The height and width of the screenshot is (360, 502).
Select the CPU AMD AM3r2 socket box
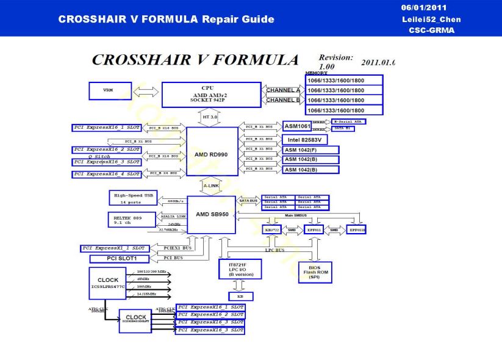pyautogui.click(x=211, y=95)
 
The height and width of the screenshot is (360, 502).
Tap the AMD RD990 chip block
pyautogui.click(x=211, y=155)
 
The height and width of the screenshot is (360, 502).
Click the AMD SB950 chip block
pyautogui.click(x=211, y=215)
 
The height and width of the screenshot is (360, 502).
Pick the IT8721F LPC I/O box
pyautogui.click(x=240, y=268)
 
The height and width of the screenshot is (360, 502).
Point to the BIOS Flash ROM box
pyautogui.click(x=315, y=272)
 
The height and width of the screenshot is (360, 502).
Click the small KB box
pyautogui.click(x=240, y=297)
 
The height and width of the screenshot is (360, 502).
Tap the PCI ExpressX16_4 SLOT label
pyautogui.click(x=107, y=175)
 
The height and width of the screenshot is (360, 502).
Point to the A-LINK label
pyautogui.click(x=211, y=185)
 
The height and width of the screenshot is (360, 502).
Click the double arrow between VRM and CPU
pyautogui.click(x=145, y=91)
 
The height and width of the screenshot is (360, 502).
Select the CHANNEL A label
pyautogui.click(x=283, y=90)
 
